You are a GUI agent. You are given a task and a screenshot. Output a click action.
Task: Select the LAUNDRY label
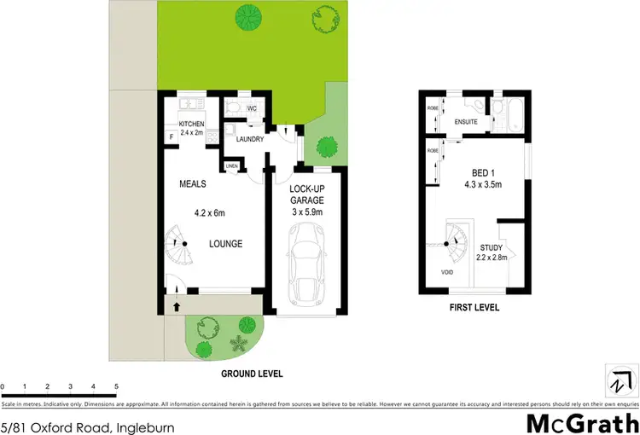(249, 139)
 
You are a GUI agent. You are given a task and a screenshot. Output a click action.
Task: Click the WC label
(252, 109)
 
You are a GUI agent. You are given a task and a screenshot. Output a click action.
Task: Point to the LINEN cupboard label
(231, 165)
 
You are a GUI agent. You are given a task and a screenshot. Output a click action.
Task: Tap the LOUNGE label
(226, 244)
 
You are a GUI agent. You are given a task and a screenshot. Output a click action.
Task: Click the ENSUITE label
(466, 123)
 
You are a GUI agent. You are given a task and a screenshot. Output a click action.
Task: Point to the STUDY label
(490, 248)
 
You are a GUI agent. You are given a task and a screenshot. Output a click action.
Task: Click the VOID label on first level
(448, 272)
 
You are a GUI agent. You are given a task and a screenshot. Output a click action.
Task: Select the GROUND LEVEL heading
(253, 374)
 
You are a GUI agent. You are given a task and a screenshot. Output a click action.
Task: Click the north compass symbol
(620, 380)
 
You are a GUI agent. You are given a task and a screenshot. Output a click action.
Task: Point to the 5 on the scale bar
(115, 386)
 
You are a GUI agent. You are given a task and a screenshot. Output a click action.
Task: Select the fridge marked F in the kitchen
(171, 136)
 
